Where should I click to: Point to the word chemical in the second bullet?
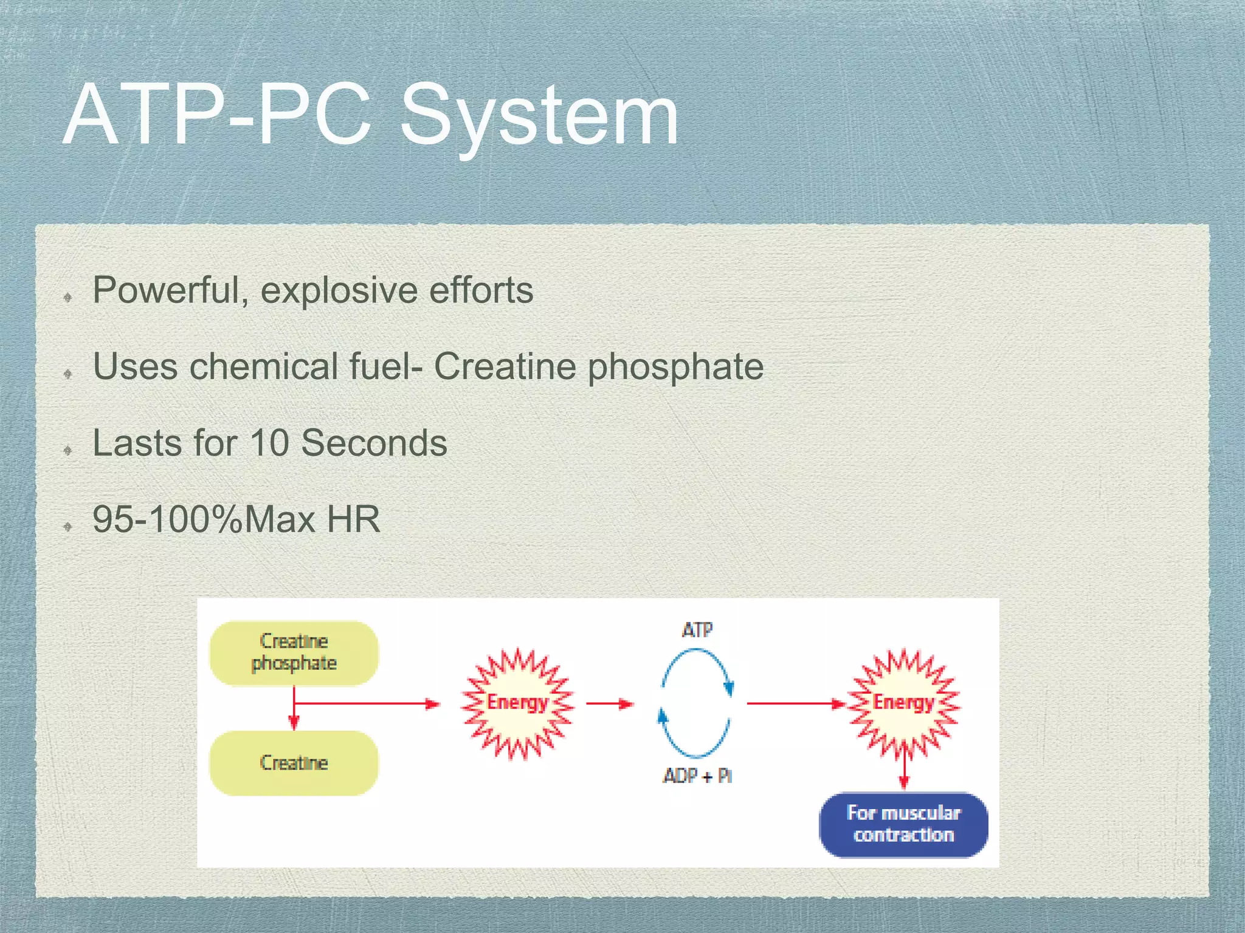click(263, 366)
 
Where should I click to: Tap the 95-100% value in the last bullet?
click(167, 519)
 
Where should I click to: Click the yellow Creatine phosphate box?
click(294, 653)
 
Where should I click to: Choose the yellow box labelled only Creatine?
click(294, 763)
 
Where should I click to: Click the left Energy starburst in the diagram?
click(517, 703)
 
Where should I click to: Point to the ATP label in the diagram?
click(697, 630)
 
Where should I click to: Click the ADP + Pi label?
click(697, 776)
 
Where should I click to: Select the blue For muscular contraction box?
click(903, 824)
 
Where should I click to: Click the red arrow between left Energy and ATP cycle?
click(610, 704)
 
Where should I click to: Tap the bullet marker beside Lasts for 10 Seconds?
click(68, 450)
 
